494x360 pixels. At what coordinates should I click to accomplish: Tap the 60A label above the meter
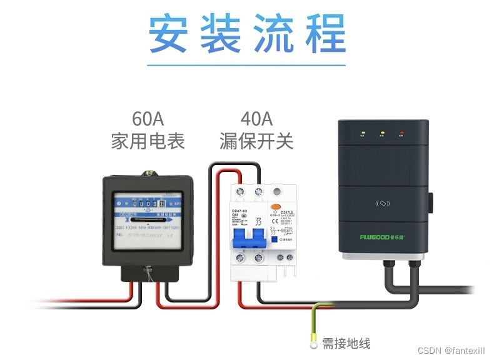tap(148, 118)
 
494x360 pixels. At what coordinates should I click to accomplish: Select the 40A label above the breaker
tap(256, 118)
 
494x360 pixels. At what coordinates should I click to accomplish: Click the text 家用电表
tap(148, 141)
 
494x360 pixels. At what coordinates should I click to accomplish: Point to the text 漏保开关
tap(256, 141)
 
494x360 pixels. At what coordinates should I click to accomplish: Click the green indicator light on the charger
tap(362, 133)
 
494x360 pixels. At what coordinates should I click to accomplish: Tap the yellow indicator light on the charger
tap(382, 133)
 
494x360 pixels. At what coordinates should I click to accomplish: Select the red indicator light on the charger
tap(401, 133)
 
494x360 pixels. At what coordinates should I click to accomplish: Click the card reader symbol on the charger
tap(383, 203)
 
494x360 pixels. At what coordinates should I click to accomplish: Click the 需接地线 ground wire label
tap(346, 343)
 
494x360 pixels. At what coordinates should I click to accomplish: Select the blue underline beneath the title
tap(247, 64)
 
